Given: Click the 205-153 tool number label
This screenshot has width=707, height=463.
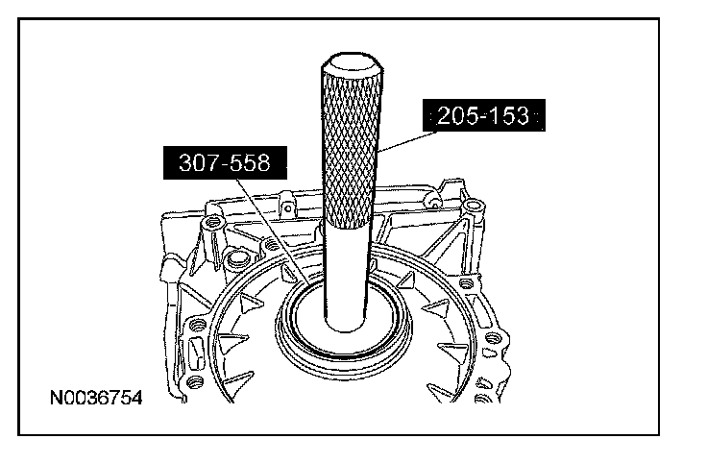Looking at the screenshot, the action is pyautogui.click(x=484, y=115).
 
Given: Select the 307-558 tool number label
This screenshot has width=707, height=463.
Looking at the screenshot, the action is pyautogui.click(x=225, y=162).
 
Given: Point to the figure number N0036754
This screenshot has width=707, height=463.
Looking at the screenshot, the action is pyautogui.click(x=96, y=398).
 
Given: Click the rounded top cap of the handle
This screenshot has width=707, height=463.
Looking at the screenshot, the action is pyautogui.click(x=353, y=62).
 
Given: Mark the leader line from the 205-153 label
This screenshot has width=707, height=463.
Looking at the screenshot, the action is pyautogui.click(x=407, y=140).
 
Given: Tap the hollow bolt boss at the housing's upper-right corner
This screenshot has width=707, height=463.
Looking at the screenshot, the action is pyautogui.click(x=473, y=207).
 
